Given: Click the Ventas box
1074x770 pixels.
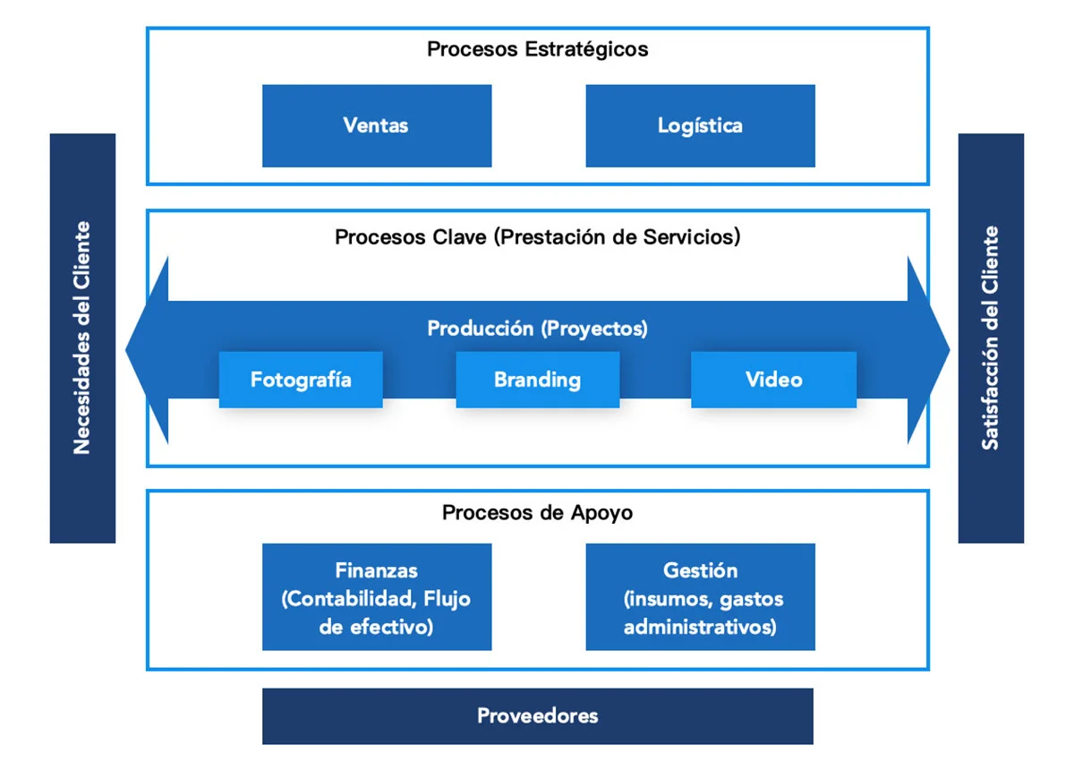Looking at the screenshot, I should tap(376, 125).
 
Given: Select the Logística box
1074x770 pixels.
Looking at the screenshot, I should tap(700, 125).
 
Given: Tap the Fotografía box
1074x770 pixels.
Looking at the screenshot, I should tap(301, 380).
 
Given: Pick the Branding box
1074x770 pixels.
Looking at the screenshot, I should tap(537, 380).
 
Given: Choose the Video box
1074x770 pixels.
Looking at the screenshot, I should tap(773, 380).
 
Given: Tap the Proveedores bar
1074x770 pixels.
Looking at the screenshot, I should tap(537, 716).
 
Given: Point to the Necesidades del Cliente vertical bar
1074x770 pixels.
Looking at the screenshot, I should tap(82, 338).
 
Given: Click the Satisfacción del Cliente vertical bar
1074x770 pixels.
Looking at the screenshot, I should tap(991, 338).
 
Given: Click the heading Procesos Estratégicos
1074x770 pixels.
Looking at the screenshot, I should tap(537, 49).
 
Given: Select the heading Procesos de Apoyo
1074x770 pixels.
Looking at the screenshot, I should tap(537, 513).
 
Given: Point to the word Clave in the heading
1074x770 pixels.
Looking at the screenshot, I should tap(457, 237).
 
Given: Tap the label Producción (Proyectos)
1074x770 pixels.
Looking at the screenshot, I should tap(537, 329).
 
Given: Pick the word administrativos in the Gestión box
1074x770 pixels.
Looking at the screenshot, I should tap(700, 627).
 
